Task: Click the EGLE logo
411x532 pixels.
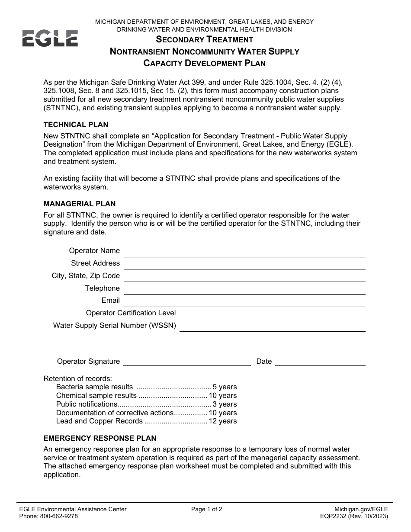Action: pos(50,38)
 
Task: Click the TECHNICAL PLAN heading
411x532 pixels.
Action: pos(76,125)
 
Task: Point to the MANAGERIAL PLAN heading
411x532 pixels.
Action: pos(79,204)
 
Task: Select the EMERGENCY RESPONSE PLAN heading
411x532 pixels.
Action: pos(100,439)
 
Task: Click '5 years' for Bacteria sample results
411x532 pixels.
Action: pos(225,387)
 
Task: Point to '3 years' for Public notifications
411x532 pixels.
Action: pos(225,404)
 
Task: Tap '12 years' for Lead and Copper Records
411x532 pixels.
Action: pos(222,421)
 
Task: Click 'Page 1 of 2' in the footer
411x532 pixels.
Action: pos(207,510)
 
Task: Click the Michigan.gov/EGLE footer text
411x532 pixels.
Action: pos(361,510)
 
